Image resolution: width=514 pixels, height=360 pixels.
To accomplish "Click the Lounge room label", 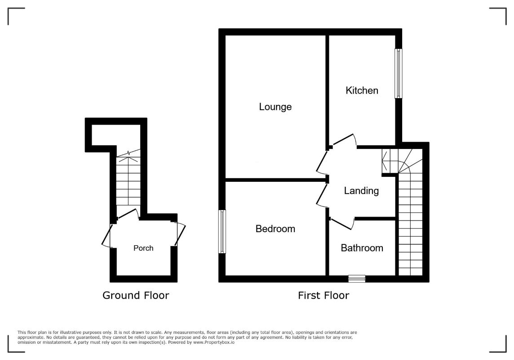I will (275, 107).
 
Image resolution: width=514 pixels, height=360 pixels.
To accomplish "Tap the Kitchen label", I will (362, 90).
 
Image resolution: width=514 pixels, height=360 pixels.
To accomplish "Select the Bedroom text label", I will (275, 229).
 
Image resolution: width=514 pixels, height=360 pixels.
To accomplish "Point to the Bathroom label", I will (362, 248).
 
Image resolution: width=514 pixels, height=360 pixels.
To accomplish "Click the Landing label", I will (361, 191).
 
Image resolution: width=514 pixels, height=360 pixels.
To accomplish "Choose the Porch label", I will (143, 248).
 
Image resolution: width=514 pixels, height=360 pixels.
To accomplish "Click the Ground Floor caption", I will (136, 295).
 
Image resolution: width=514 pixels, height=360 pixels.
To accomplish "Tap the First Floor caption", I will (323, 295).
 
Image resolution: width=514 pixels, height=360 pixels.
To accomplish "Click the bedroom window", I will (222, 232).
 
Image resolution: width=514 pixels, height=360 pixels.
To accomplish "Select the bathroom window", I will (357, 279).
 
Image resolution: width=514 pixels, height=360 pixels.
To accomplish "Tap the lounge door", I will (322, 162).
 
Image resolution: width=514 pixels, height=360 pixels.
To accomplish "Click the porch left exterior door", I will (107, 235).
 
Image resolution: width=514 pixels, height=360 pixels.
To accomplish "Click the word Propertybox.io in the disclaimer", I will (214, 342).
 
